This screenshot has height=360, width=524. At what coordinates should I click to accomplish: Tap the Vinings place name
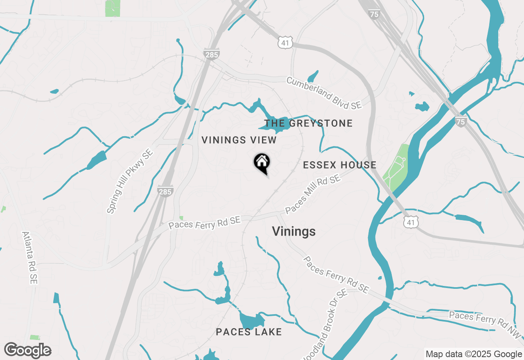coord(294,232)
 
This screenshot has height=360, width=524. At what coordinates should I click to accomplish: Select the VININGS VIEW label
coord(239,140)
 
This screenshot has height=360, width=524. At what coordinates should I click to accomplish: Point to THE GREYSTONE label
coord(308,123)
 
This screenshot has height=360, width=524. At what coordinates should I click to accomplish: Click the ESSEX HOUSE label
coord(339,165)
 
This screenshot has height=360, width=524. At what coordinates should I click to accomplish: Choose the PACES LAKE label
coord(249,332)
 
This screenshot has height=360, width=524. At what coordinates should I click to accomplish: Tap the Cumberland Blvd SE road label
coord(324,93)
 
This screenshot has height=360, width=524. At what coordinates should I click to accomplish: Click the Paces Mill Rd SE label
coord(313,194)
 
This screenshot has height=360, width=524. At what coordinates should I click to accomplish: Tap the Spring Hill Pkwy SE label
coord(129,181)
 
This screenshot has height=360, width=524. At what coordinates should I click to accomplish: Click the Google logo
coord(27,351)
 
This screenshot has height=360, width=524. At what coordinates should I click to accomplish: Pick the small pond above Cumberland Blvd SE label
coord(313,76)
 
